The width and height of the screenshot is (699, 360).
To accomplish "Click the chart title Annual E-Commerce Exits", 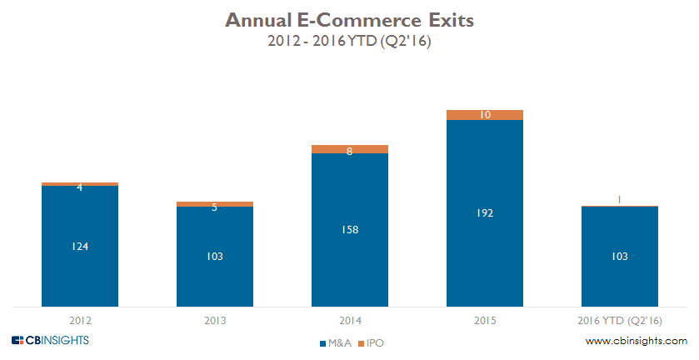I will [x=349, y=21].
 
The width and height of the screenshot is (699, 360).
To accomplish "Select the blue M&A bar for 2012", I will [x=80, y=267].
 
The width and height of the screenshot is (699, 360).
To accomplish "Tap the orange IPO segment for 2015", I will [x=484, y=115].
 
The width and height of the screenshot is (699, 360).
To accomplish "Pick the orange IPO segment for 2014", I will [x=349, y=149].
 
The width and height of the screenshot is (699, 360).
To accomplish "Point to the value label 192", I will [x=484, y=213].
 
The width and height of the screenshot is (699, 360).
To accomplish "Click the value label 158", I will [x=349, y=229].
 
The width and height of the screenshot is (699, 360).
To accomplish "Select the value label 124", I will [x=80, y=246].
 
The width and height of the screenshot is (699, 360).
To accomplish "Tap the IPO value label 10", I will [x=484, y=115].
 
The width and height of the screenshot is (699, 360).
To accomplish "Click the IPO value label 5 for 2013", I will [x=215, y=207].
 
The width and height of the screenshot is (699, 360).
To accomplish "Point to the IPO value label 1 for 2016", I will [x=619, y=199].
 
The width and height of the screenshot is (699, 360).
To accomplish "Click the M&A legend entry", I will [x=334, y=342].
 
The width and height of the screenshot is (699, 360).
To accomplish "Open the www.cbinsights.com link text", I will [x=636, y=341].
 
